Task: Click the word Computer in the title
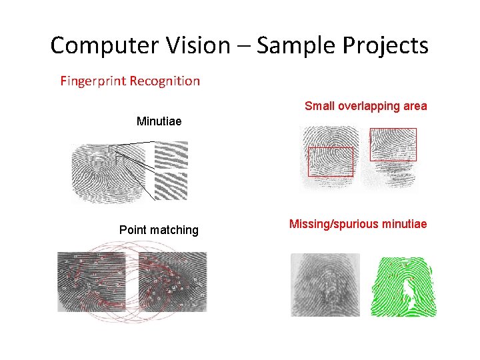tap(104, 46)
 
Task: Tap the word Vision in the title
tap(198, 45)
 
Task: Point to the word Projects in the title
tap(385, 46)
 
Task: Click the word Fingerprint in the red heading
tap(93, 81)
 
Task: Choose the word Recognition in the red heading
tap(165, 81)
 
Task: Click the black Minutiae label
tap(159, 121)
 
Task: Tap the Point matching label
tap(159, 230)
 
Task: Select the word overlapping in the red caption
tap(369, 106)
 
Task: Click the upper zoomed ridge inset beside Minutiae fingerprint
tap(171, 155)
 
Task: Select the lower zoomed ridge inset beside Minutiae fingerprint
tap(171, 186)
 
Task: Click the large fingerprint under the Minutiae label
tap(109, 173)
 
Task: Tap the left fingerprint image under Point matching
tap(91, 281)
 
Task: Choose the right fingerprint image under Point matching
tap(173, 281)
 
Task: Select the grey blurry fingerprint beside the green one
tap(325, 285)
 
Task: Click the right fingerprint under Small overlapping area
tap(390, 157)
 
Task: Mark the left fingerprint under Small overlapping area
tap(330, 157)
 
